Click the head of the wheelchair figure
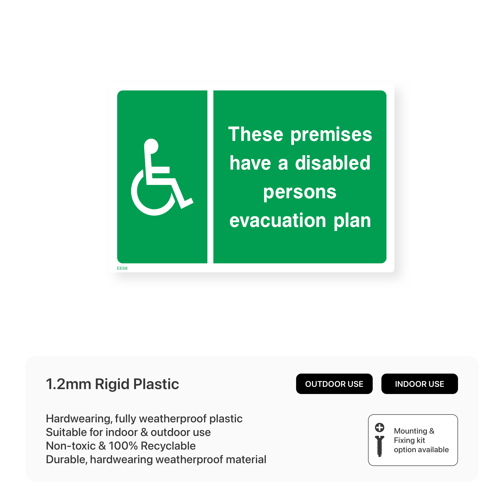(x=151, y=146)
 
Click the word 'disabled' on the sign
(x=333, y=163)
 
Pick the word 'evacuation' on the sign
(x=278, y=220)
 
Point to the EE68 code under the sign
(x=122, y=268)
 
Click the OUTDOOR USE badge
(x=334, y=384)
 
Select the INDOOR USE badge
(x=419, y=384)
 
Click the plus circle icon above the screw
(x=380, y=427)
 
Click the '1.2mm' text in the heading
(x=68, y=384)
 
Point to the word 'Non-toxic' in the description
(x=71, y=446)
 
